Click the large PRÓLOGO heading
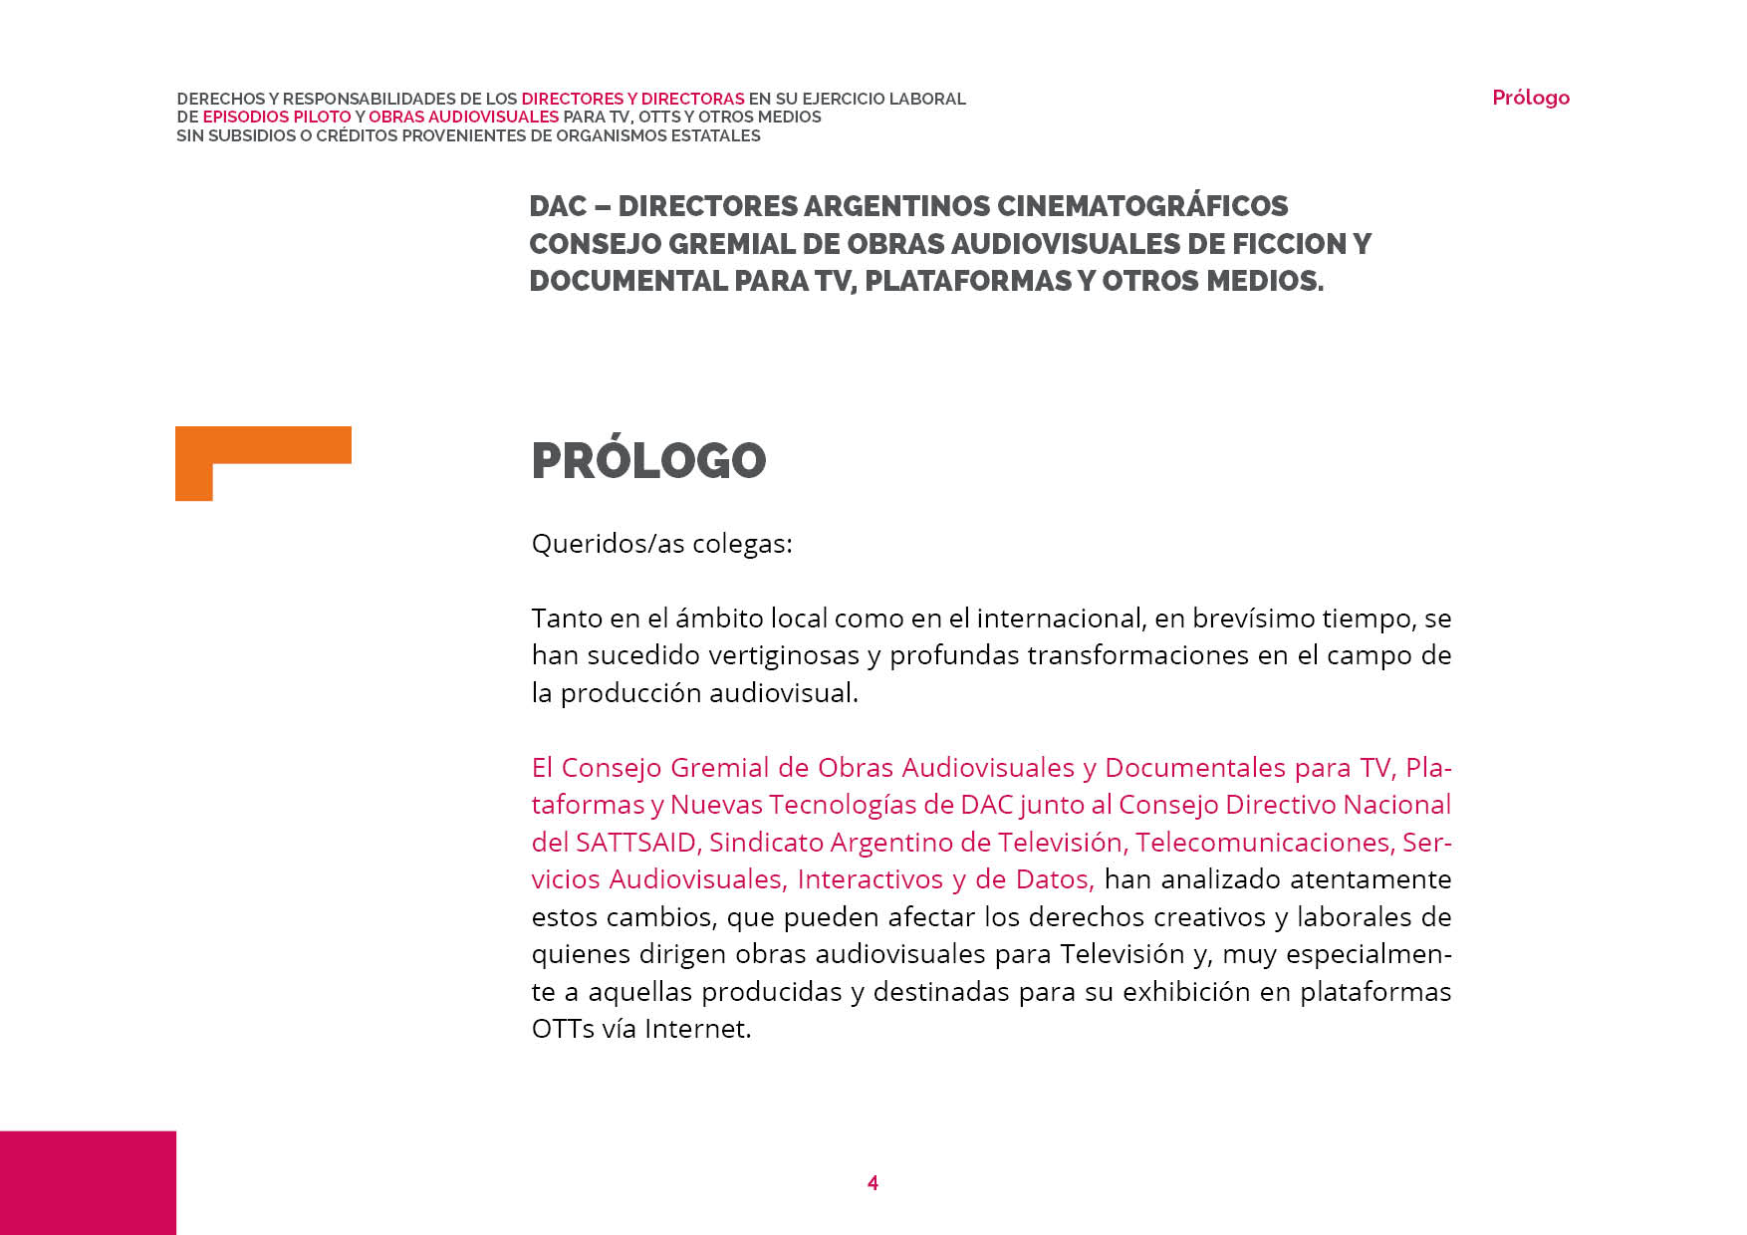[x=648, y=460]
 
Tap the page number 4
[x=873, y=1183]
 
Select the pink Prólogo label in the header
[x=1530, y=98]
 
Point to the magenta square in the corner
[x=88, y=1182]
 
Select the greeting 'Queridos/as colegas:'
[x=661, y=544]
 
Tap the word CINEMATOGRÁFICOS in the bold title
[x=1142, y=206]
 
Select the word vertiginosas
[x=784, y=655]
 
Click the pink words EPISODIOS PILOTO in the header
[x=277, y=118]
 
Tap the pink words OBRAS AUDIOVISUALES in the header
[x=463, y=118]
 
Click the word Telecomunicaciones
[x=1263, y=843]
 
